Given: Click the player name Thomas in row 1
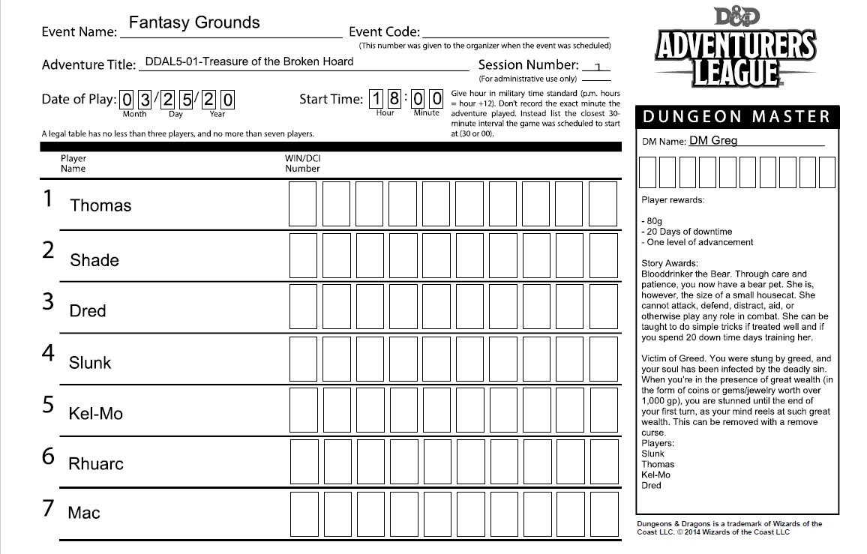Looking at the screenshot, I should (x=100, y=205).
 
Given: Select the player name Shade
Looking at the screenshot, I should (x=94, y=260).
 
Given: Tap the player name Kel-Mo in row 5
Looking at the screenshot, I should (x=95, y=414).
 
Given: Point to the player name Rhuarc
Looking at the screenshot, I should (x=96, y=464).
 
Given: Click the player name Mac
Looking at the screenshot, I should (x=84, y=514).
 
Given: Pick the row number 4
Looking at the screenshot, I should (x=49, y=352).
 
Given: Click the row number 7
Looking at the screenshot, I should (x=49, y=508).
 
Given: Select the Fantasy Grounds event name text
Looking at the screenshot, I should (x=194, y=22).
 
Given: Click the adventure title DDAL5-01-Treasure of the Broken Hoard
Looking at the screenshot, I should (x=249, y=61).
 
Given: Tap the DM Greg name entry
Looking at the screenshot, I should (x=712, y=140).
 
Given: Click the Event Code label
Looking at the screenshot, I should (x=384, y=32).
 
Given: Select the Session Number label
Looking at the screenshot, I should (x=528, y=65).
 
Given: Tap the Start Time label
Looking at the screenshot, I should (x=331, y=99).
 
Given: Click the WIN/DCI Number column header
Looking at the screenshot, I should (x=302, y=163).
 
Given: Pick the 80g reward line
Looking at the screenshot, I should (x=655, y=221).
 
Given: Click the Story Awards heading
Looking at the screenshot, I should (x=670, y=263).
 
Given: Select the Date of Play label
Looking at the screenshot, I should (x=78, y=99).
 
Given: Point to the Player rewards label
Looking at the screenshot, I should (x=673, y=200).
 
